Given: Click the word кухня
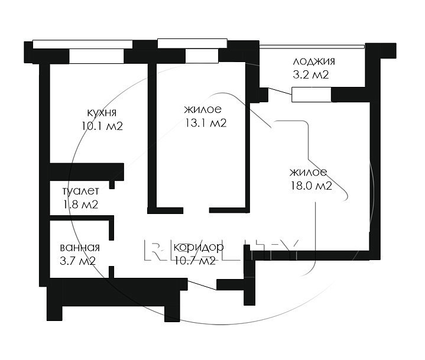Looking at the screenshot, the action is pyautogui.click(x=102, y=112).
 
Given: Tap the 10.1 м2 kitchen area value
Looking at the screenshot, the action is pyautogui.click(x=102, y=126).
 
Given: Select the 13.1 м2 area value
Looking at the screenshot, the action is pyautogui.click(x=206, y=123).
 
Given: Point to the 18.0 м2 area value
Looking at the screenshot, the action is pyautogui.click(x=312, y=186).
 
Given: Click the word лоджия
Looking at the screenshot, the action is pyautogui.click(x=314, y=61).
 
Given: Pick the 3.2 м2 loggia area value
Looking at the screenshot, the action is pyautogui.click(x=311, y=74).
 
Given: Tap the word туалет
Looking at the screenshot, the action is pyautogui.click(x=80, y=191).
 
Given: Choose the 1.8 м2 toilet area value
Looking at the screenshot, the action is pyautogui.click(x=80, y=205).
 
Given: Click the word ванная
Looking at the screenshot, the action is pyautogui.click(x=80, y=248).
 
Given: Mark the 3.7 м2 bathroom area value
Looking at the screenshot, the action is pyautogui.click(x=77, y=261).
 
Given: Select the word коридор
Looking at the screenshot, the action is pyautogui.click(x=199, y=247).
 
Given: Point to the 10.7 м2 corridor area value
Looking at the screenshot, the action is pyautogui.click(x=195, y=261).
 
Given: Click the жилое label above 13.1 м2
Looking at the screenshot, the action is pyautogui.click(x=203, y=109).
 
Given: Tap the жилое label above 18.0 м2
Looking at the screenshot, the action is pyautogui.click(x=309, y=173).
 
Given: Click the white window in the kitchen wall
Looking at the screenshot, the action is pyautogui.click(x=96, y=56).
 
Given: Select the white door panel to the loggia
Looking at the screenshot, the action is pyautogui.click(x=312, y=95).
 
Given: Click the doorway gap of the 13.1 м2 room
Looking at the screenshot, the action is pyautogui.click(x=196, y=210).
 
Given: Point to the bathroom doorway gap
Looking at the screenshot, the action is pyautogui.click(x=111, y=253).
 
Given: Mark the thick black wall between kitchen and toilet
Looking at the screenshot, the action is pyautogui.click(x=87, y=171).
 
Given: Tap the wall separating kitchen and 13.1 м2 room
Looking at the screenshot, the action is pyautogui.click(x=153, y=135).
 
